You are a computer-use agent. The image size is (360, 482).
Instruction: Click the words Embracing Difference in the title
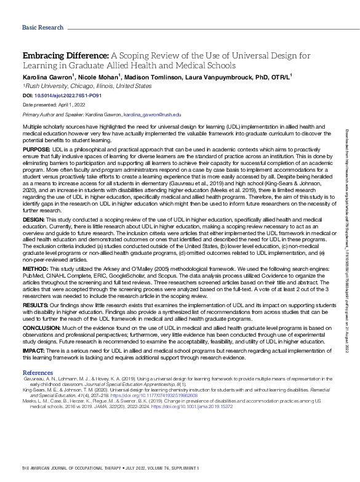[59, 54]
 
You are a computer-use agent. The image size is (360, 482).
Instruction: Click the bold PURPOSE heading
[36, 148]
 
